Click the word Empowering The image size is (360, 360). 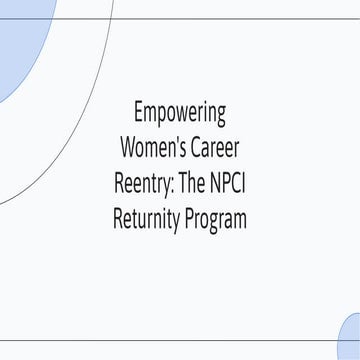coord(180,111)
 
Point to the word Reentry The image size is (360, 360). coord(142,184)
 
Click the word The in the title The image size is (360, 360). coord(193,184)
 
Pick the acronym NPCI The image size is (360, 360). coord(230,184)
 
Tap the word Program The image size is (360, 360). coord(215,220)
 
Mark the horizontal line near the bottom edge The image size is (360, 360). coord(180,340)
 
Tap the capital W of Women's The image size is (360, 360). coord(128,147)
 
